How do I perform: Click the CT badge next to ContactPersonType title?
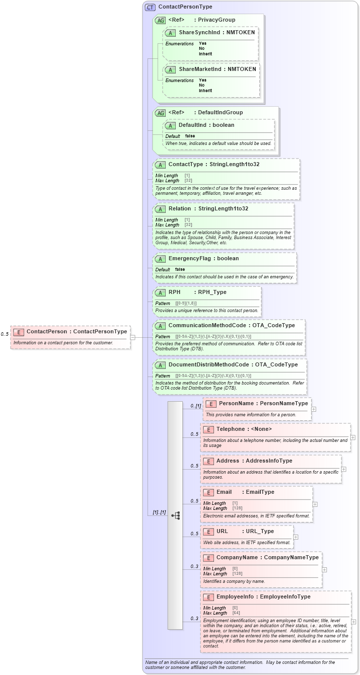pos(150,7)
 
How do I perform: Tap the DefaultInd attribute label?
pos(192,125)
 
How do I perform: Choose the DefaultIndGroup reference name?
pos(220,112)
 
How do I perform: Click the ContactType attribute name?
pos(186,164)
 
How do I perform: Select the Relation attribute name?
pos(179,208)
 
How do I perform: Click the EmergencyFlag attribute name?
pos(189,258)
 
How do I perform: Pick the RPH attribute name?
pos(174,292)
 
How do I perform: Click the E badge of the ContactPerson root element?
pos(19,332)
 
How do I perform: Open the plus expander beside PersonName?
pos(314,409)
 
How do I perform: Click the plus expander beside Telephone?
pos(353,437)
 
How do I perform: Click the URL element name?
pos(222,531)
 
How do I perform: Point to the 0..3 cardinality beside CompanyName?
pos(194,566)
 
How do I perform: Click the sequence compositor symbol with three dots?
pos(175,515)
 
